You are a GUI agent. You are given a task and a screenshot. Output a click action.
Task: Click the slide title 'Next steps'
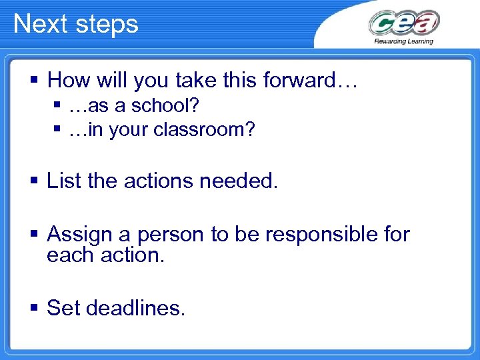[x=75, y=24]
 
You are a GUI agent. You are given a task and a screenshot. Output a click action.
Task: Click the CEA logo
[x=403, y=23]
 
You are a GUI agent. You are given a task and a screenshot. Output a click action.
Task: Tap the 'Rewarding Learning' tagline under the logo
[x=403, y=41]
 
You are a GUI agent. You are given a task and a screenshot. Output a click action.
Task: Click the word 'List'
[x=63, y=181]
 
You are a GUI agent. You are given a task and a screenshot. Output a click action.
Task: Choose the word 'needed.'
[x=244, y=181]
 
